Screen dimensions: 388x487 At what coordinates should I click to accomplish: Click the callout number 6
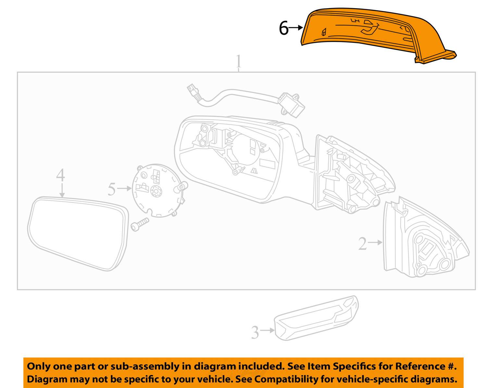pos(284,28)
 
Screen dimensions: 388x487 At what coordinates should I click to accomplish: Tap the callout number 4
pos(61,176)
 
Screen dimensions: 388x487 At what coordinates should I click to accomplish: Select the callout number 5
pos(112,189)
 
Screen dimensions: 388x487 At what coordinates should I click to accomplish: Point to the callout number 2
pos(362,243)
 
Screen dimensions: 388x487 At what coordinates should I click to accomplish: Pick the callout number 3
pos(255,332)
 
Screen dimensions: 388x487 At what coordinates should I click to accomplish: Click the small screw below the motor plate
pos(140,224)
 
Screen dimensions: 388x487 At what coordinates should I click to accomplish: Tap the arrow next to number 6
pos(295,28)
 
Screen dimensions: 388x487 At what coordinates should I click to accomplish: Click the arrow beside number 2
pos(376,242)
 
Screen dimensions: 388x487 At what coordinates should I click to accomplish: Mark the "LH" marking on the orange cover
pos(355,21)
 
